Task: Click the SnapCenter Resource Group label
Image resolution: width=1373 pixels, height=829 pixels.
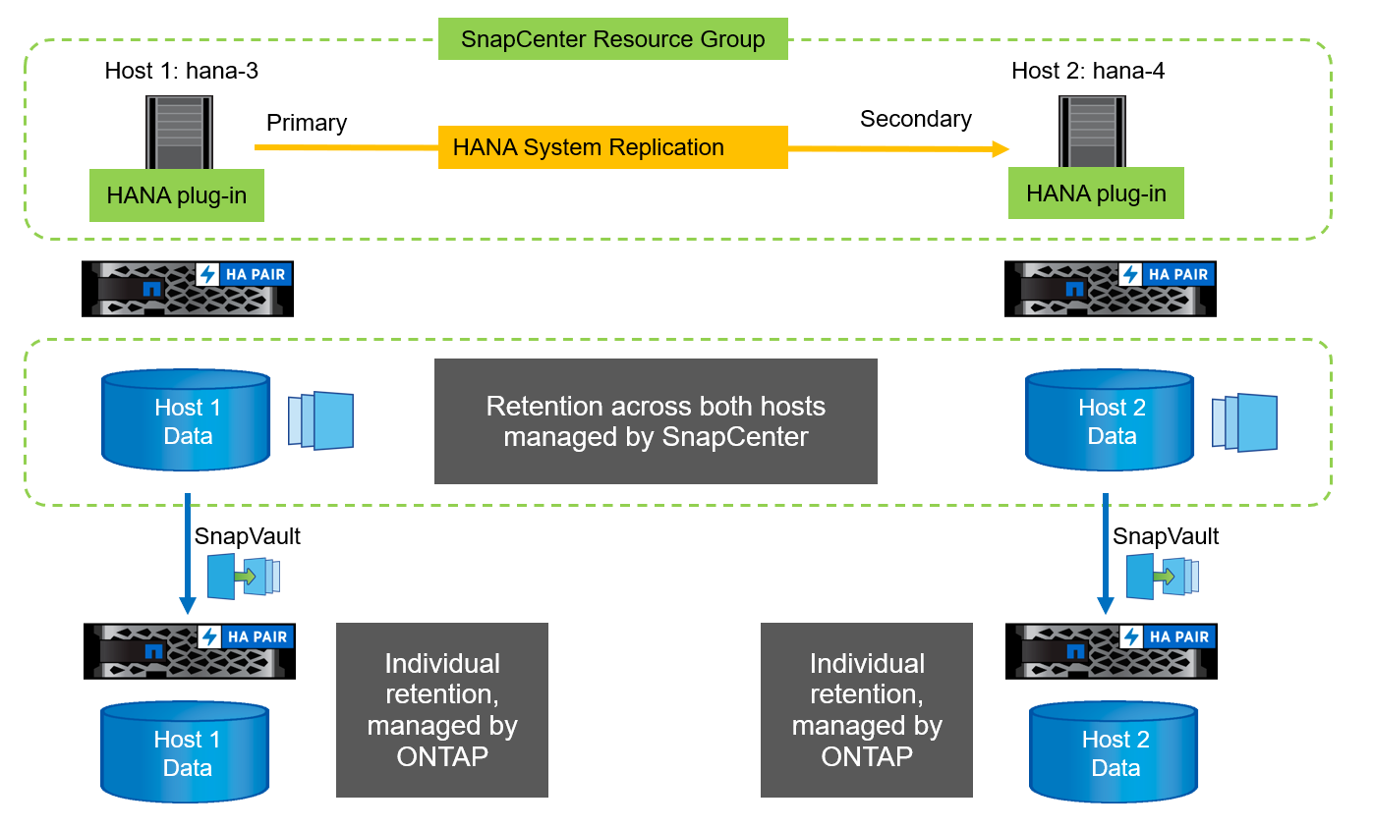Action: pos(612,39)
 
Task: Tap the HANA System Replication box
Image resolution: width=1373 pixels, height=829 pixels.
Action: pos(612,147)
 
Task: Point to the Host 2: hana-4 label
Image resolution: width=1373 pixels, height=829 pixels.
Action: pos(1088,71)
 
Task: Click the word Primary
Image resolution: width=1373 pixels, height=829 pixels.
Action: pos(307,123)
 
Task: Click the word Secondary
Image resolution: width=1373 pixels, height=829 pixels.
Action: pos(915,119)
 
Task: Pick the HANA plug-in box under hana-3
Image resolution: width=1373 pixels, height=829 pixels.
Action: pos(177,195)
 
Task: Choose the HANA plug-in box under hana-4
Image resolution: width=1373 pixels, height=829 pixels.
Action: pos(1096,193)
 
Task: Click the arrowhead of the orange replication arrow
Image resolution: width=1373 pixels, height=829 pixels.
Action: pos(1001,148)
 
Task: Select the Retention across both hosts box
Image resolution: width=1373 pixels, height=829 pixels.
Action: pos(656,421)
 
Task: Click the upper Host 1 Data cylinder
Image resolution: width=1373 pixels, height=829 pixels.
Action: pos(187,420)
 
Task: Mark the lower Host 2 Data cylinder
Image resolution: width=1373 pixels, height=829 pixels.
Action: pos(1115,752)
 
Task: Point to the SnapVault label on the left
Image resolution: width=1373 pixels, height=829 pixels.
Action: pos(247,535)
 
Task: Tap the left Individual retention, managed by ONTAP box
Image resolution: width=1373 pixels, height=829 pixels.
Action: pos(441,709)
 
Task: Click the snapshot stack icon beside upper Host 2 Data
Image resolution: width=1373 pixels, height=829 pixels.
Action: pos(1244,422)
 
